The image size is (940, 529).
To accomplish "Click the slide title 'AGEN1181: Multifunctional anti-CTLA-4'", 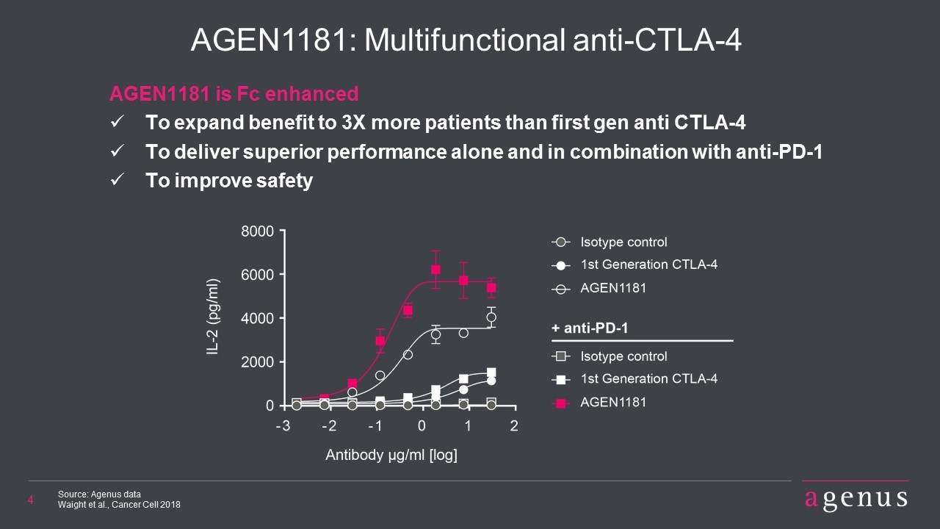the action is click(466, 40).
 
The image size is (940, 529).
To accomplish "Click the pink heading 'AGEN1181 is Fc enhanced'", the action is click(234, 93).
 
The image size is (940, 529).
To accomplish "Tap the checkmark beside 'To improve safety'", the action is click(117, 180).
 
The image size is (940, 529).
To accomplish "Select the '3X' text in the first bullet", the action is click(353, 123).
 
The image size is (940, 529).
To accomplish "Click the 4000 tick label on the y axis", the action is click(257, 318).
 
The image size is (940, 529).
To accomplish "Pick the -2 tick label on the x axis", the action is click(330, 426).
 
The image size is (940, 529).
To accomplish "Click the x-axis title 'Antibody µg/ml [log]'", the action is click(391, 455).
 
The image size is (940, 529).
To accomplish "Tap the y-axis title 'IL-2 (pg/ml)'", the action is click(213, 317).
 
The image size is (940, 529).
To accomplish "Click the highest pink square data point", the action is click(435, 270).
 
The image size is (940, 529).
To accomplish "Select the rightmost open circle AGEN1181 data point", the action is click(491, 317).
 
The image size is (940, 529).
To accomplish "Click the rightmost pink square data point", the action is click(491, 287).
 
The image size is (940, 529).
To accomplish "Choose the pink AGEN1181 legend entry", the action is click(599, 403).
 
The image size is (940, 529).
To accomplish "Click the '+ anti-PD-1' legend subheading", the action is click(590, 328).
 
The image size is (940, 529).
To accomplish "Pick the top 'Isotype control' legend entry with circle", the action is click(610, 242).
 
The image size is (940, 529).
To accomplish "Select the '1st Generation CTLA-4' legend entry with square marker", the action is click(634, 379).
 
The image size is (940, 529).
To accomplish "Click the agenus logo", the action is click(856, 499).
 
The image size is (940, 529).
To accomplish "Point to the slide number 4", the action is click(30, 500).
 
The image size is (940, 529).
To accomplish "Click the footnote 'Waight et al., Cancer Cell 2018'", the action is click(119, 505).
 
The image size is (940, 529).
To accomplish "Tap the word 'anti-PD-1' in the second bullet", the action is click(779, 151).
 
